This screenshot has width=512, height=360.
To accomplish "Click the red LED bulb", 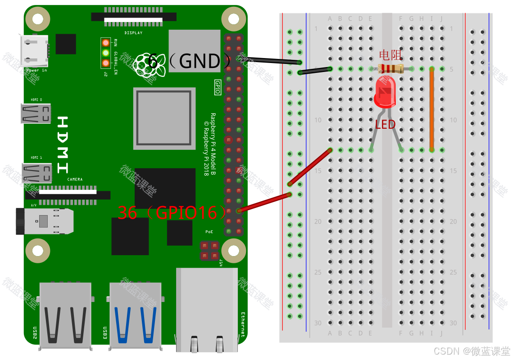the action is pos(384,92).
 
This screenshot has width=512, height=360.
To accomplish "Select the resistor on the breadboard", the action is pos(391,69).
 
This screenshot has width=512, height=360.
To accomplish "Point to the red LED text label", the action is pos(385,125).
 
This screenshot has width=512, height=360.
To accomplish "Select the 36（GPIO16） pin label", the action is pos(173,212).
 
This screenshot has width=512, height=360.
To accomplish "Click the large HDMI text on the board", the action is pos(63,144).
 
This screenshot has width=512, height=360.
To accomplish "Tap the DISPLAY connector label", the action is pos(133,33).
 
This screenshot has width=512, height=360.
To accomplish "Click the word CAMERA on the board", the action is pos(75,180).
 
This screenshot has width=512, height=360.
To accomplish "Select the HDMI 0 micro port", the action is pos(36,113).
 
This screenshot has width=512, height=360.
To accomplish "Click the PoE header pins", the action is pos(209,250).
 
